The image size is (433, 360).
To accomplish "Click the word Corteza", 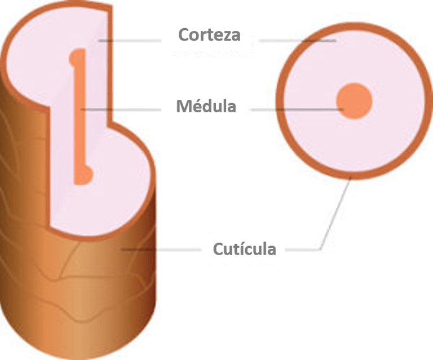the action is [x=209, y=35].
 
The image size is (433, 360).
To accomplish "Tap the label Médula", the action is [x=206, y=106].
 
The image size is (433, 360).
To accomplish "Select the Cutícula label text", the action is [x=244, y=249].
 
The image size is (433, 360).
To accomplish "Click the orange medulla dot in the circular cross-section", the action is [x=355, y=101].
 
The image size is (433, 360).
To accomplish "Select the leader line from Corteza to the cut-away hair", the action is [x=130, y=41].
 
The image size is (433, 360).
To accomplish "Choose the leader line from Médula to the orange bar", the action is [x=124, y=108].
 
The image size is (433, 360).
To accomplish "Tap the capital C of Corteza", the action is [x=184, y=35].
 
